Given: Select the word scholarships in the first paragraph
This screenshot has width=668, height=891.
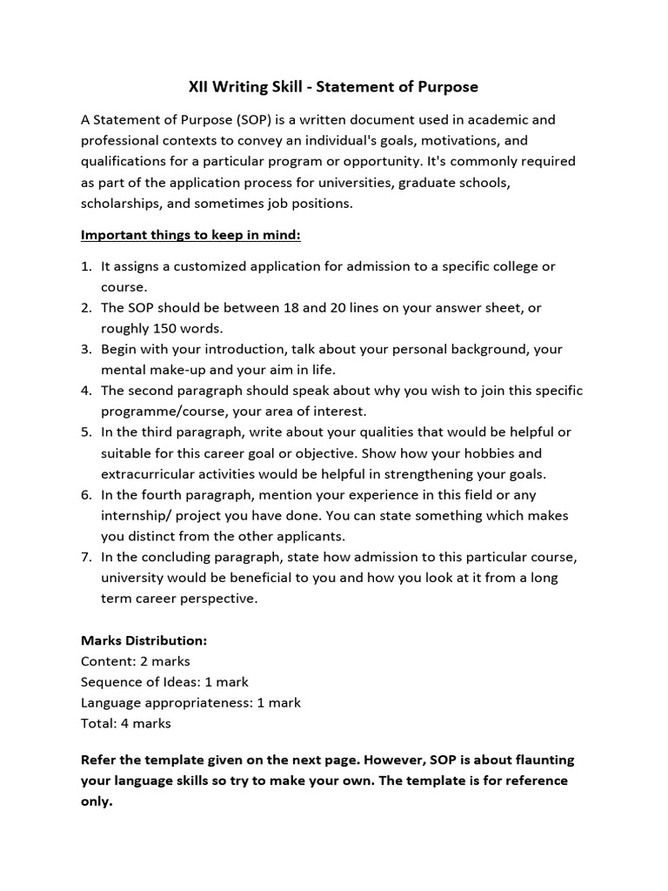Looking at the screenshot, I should (119, 203).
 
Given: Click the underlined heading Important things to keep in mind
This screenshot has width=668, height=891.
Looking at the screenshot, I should (190, 235).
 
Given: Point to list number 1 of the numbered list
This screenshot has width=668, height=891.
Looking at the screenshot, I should (86, 265).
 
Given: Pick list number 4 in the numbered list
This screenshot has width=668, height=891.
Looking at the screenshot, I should (86, 390).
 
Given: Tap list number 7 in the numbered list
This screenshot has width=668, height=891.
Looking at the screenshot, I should (86, 557).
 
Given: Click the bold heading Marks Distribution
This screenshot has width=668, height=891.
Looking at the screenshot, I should (144, 640).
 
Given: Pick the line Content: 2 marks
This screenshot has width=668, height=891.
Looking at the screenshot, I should (135, 661).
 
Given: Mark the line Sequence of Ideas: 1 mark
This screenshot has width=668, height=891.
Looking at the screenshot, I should (164, 682).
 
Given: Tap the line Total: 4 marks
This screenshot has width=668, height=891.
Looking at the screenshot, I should (125, 723).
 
